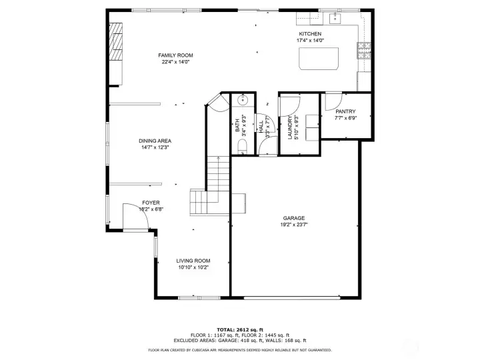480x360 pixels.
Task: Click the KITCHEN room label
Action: click(x=310, y=34)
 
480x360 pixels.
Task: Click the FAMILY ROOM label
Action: click(x=175, y=55)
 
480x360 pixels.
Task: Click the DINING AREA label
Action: click(x=155, y=141)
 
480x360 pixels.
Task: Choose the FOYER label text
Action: click(x=151, y=202)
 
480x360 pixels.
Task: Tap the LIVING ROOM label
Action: click(x=193, y=261)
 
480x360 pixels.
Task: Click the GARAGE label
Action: click(x=293, y=218)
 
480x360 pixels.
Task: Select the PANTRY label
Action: click(x=345, y=111)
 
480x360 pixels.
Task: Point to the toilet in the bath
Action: click(x=243, y=146)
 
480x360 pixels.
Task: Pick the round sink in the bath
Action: click(x=243, y=101)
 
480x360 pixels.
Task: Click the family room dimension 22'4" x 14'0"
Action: click(x=175, y=63)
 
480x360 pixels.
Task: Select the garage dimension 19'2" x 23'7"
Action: click(x=293, y=225)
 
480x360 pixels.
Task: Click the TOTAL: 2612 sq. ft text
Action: click(x=239, y=329)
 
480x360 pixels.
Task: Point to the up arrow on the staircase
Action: click(x=217, y=173)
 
